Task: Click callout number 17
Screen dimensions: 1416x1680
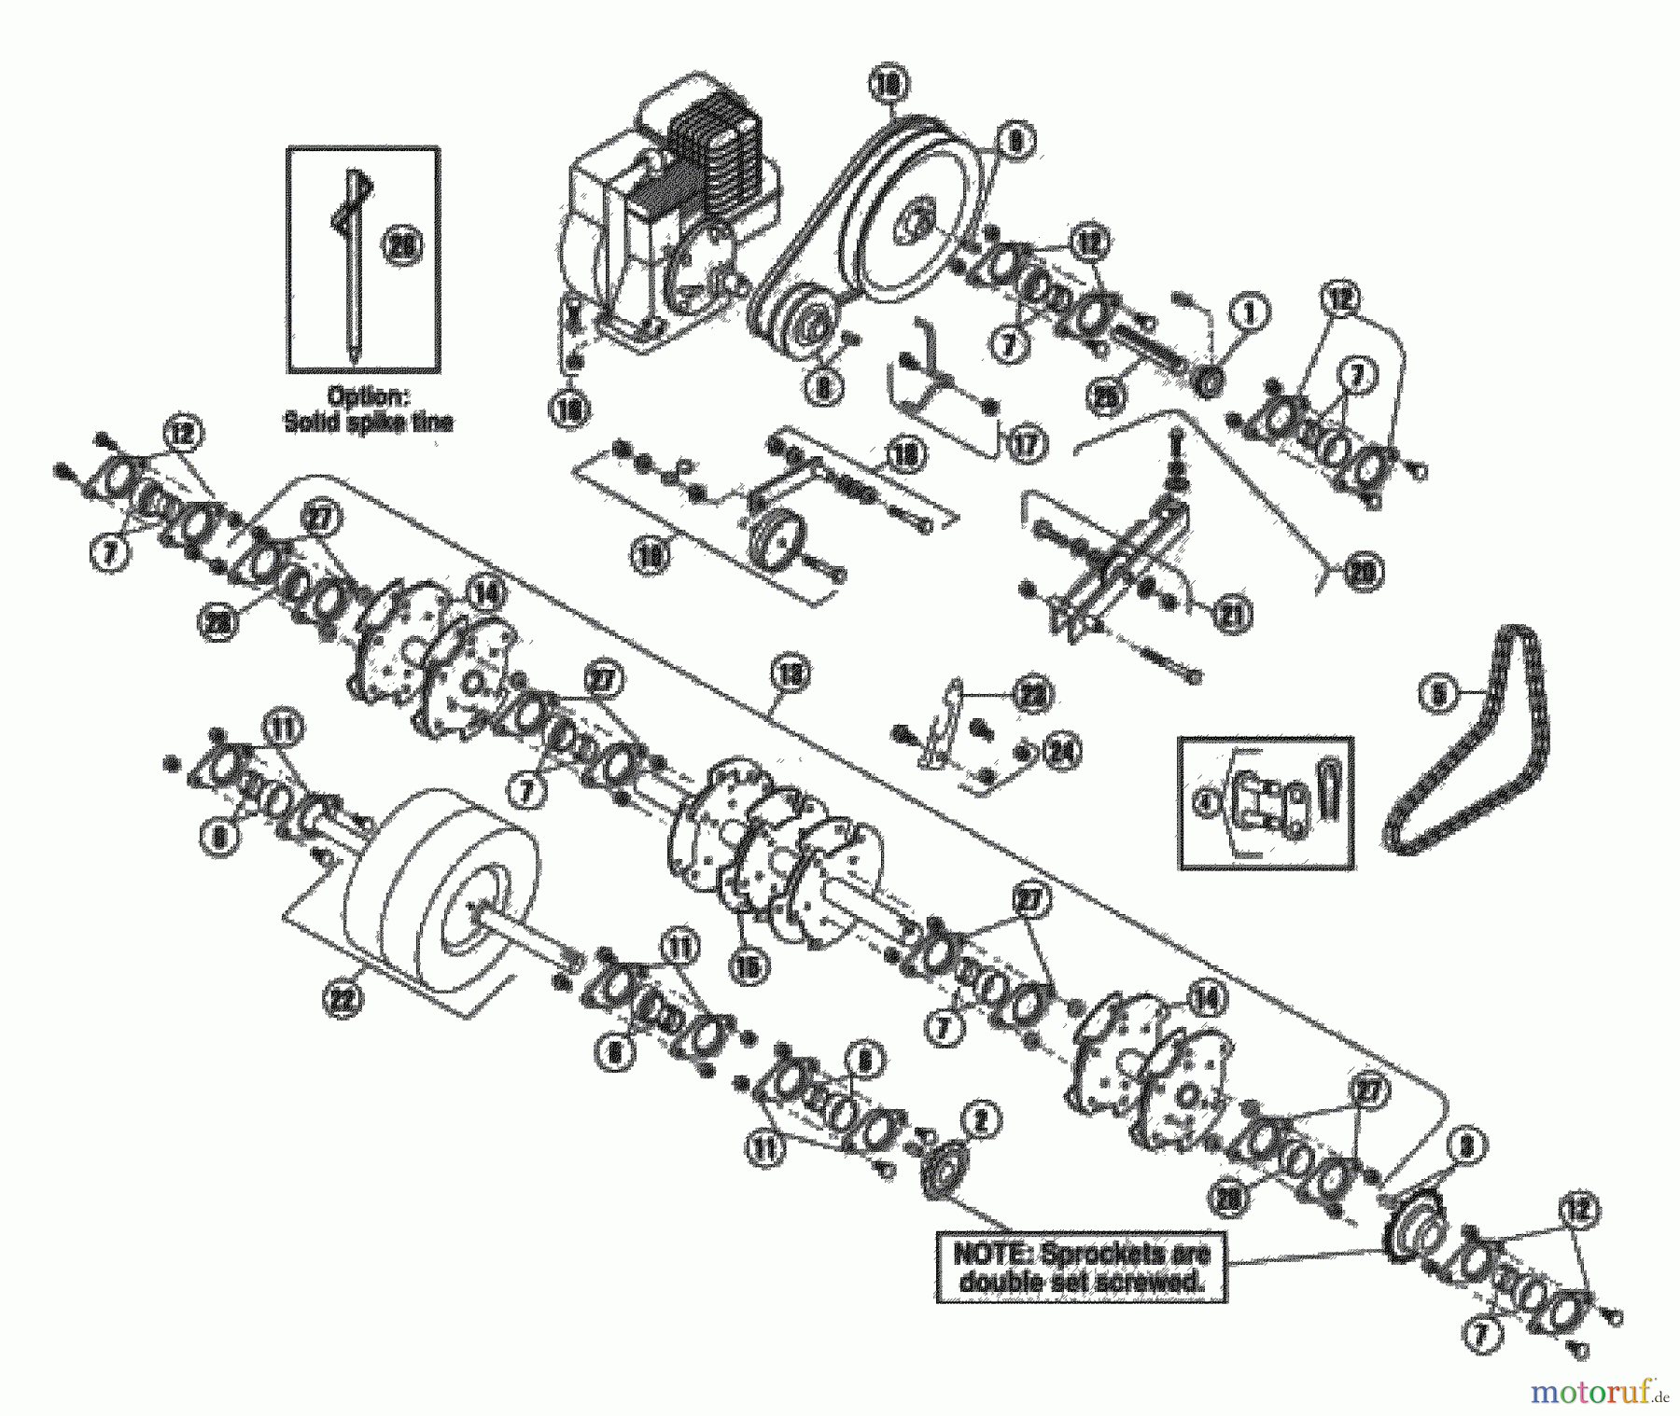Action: pyautogui.click(x=1024, y=444)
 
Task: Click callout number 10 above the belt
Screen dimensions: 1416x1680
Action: pyautogui.click(x=886, y=84)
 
